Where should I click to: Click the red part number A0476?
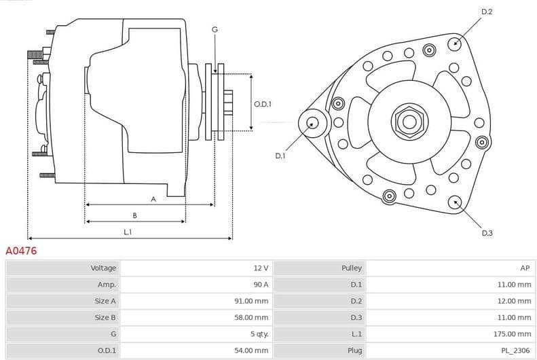click(21, 251)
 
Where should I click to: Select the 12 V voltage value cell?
click(261, 268)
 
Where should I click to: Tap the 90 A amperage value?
click(261, 285)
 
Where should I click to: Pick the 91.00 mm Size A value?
click(253, 301)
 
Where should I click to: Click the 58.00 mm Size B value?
click(253, 317)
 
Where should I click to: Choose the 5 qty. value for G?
click(258, 334)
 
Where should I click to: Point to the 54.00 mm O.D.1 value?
click(253, 350)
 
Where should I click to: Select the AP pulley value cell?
click(524, 268)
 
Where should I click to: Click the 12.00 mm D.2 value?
click(515, 301)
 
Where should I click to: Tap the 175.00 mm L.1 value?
click(513, 334)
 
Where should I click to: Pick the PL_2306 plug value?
click(517, 350)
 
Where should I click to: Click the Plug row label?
click(354, 350)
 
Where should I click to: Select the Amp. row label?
click(107, 285)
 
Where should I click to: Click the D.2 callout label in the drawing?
click(486, 12)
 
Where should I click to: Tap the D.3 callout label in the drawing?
click(487, 233)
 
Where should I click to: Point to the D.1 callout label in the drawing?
click(280, 156)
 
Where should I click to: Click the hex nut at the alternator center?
click(409, 122)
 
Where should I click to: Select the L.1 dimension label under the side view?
click(128, 232)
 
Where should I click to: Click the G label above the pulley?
click(215, 29)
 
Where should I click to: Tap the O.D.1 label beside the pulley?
click(263, 104)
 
